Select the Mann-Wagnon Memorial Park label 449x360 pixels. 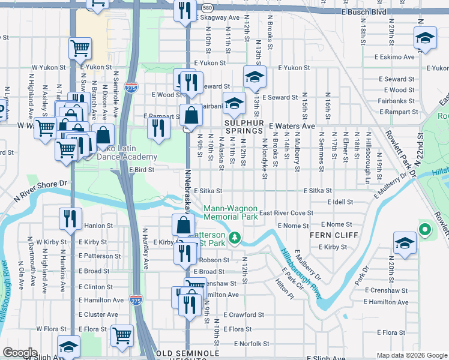click(230, 212)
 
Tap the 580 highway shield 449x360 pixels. click(207, 8)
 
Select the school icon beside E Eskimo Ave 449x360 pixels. click(425, 38)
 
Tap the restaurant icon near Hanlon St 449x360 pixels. click(71, 218)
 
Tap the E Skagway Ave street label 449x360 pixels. click(218, 18)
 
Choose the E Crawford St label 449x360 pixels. click(243, 314)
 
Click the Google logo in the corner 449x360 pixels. click(20, 353)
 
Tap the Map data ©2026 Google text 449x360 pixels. click(411, 355)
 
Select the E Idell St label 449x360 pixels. click(344, 202)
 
